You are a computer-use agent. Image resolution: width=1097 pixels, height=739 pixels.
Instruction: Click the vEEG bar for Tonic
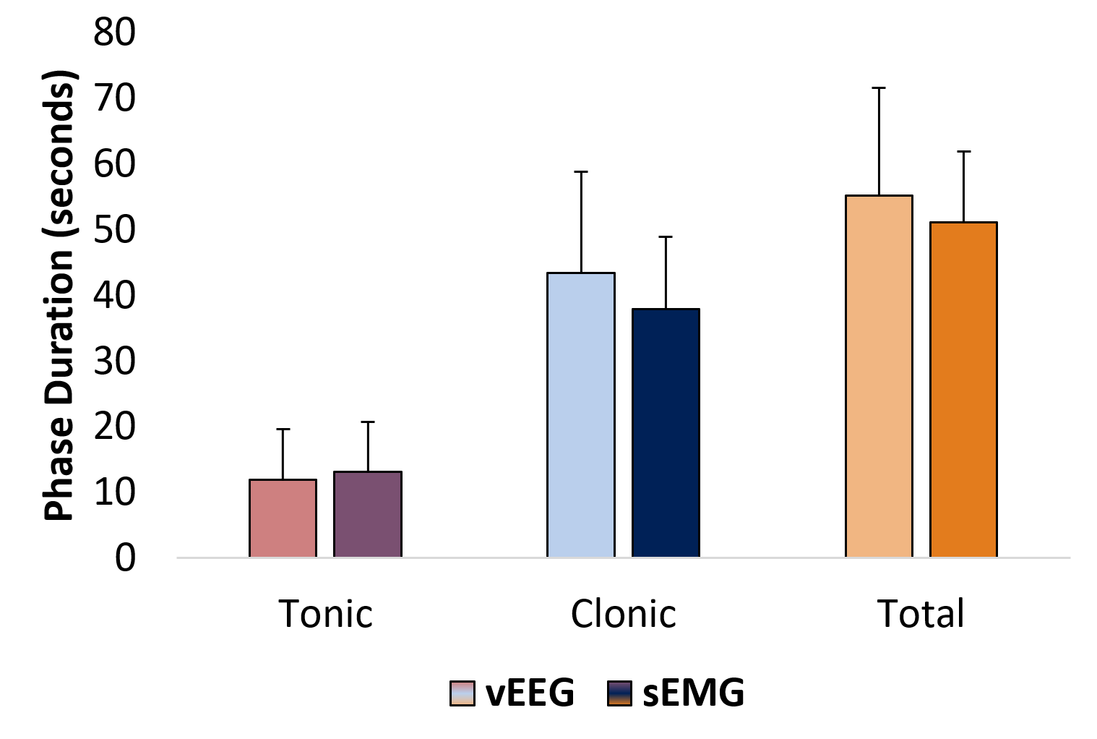(283, 518)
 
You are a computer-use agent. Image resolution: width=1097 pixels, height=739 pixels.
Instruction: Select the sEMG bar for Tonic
(367, 514)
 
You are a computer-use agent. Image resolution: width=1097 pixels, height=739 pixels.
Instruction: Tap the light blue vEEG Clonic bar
(581, 414)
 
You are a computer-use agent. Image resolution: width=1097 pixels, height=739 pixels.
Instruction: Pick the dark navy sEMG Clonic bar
(666, 432)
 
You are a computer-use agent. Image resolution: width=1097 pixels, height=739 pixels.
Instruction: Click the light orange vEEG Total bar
(879, 376)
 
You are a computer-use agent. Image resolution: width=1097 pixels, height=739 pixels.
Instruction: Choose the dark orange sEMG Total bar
(963, 389)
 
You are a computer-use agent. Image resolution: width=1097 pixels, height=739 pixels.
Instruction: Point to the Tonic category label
(326, 614)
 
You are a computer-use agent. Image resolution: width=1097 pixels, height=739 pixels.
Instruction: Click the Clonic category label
(623, 614)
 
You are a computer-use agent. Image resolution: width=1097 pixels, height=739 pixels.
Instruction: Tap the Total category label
(921, 614)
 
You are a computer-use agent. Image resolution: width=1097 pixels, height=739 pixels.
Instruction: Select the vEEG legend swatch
(463, 693)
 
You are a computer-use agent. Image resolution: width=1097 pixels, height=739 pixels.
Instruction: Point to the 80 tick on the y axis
(114, 33)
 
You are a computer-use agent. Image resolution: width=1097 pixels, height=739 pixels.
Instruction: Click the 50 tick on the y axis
(114, 230)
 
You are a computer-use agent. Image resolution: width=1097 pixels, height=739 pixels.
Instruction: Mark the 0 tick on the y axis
(125, 558)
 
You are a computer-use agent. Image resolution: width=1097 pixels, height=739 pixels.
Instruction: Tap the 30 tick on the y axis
(114, 362)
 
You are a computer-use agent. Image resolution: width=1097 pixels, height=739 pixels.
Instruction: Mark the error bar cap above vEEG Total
(879, 87)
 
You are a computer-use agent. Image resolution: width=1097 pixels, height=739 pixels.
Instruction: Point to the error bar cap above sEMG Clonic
(666, 236)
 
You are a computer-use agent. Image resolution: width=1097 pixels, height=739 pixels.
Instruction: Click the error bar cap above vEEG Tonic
(283, 429)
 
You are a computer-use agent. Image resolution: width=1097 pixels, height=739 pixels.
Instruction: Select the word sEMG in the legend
(693, 693)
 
